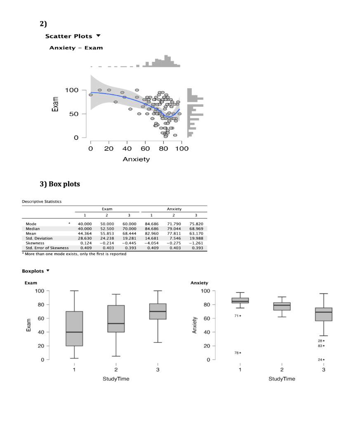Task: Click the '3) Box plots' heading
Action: [59, 184]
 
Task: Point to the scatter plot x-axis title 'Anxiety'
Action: [136, 159]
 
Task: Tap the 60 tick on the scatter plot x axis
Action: [145, 148]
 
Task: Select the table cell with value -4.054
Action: [152, 243]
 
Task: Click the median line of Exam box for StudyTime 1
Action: [74, 332]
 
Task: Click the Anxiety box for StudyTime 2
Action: [282, 306]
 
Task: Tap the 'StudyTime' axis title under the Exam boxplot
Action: [116, 379]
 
